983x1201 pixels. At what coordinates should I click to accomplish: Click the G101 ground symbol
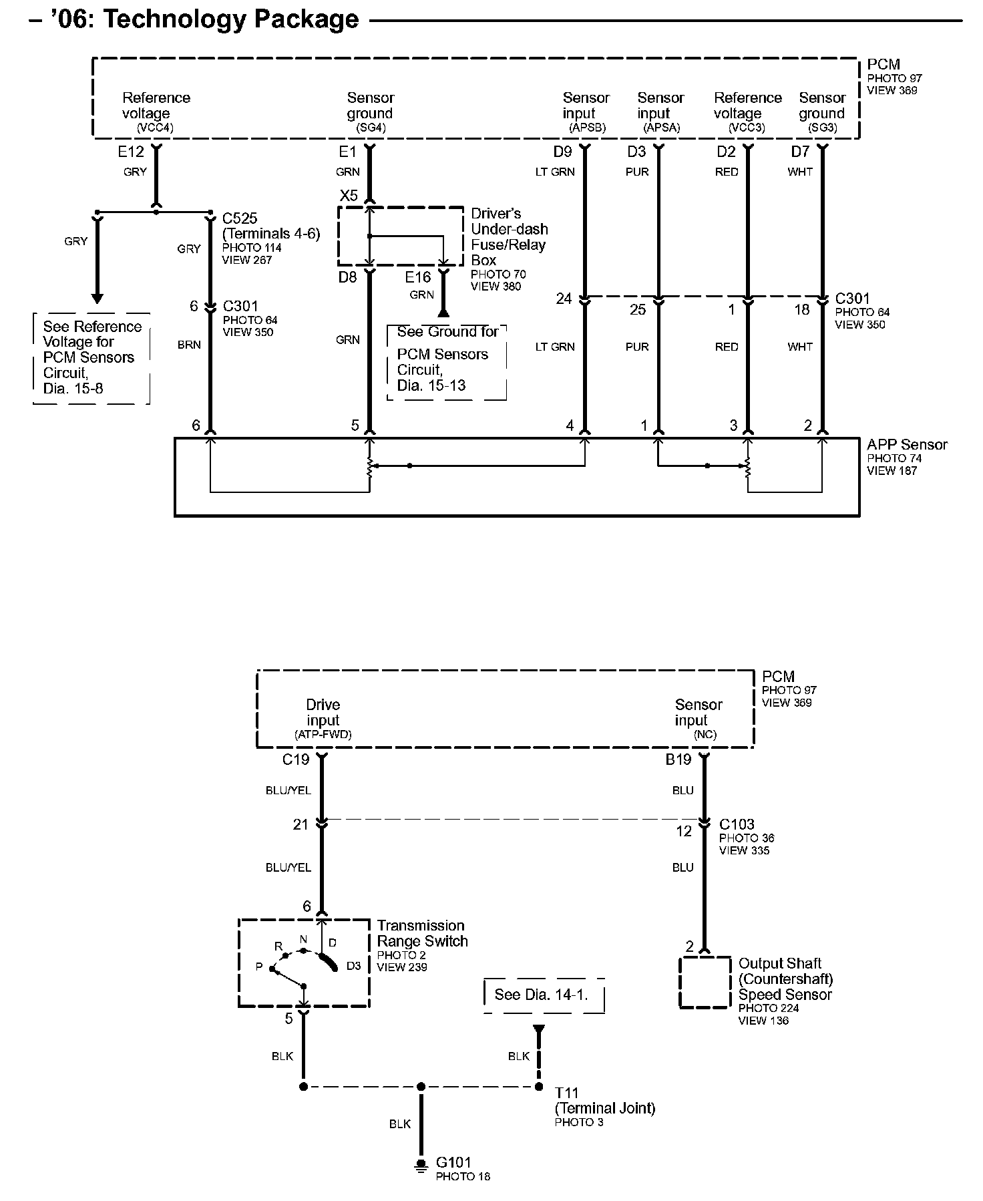point(421,1166)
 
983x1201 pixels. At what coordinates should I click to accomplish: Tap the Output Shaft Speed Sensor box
point(705,983)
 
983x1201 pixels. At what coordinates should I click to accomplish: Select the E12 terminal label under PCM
point(131,152)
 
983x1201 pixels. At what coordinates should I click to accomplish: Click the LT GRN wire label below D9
point(555,172)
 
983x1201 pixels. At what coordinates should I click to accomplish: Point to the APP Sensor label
point(907,445)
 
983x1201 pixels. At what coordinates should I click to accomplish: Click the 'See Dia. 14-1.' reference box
point(542,995)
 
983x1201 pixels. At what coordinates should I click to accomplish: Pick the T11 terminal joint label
point(567,1093)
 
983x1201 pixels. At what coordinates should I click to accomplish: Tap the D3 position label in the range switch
point(354,966)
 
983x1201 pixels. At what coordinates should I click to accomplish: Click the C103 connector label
point(737,824)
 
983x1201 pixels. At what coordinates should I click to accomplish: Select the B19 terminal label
point(678,759)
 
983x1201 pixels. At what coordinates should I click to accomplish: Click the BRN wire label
point(189,345)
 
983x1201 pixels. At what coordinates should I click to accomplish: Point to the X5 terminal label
point(349,196)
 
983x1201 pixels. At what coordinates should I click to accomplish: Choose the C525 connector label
point(240,218)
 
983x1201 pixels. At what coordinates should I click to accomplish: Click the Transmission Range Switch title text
point(421,933)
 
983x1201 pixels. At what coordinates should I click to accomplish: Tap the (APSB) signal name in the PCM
point(588,128)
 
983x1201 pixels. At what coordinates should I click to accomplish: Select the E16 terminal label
point(418,277)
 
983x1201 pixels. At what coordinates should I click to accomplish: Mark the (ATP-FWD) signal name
point(323,734)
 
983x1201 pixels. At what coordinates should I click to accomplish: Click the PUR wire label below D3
point(637,172)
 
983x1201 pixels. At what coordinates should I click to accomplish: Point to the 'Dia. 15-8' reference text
point(73,388)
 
